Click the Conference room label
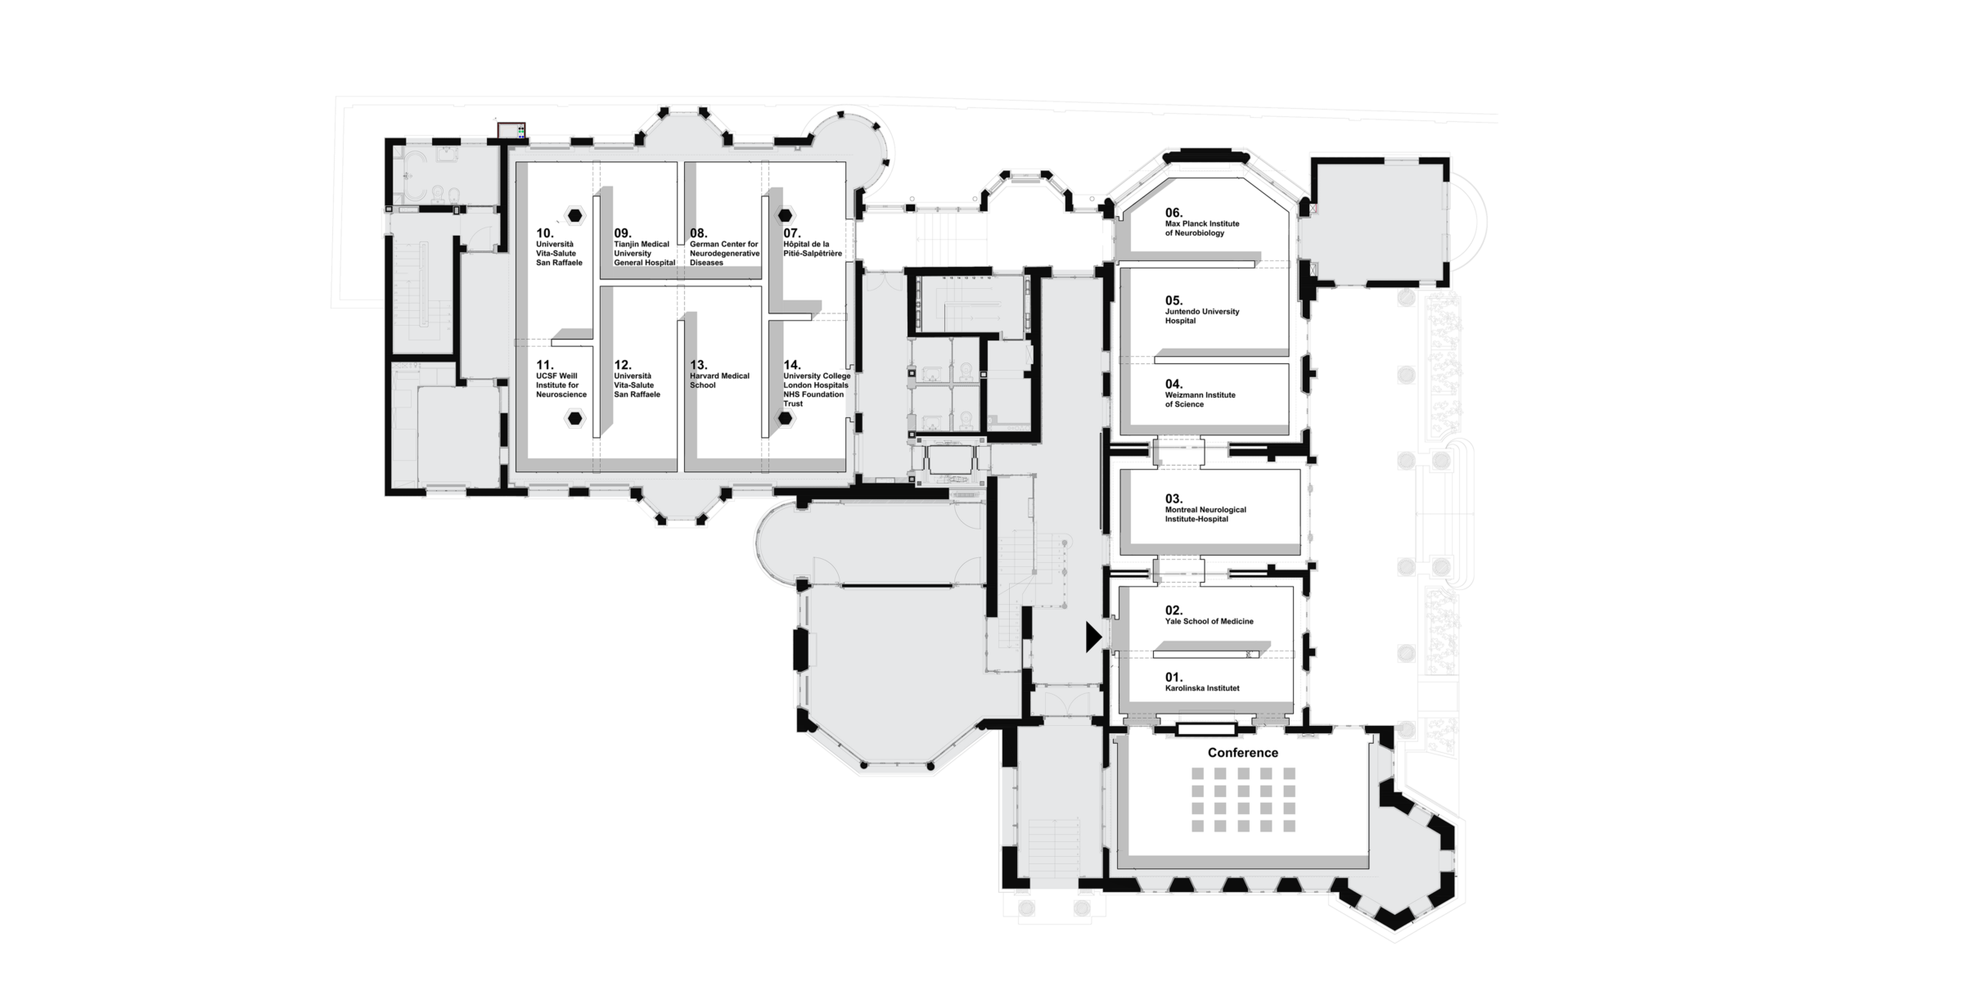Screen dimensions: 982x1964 pyautogui.click(x=1242, y=753)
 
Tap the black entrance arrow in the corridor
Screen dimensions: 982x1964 pyautogui.click(x=1093, y=637)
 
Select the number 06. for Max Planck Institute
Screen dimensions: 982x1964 pyautogui.click(x=1173, y=213)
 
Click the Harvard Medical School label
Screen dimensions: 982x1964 pyautogui.click(x=719, y=381)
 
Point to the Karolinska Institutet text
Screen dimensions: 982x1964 pyautogui.click(x=1201, y=688)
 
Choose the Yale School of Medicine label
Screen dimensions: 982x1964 pyautogui.click(x=1209, y=621)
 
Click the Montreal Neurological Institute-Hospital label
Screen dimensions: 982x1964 pyautogui.click(x=1205, y=514)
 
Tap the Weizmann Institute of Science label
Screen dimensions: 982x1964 pyautogui.click(x=1200, y=399)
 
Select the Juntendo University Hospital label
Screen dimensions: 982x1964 pyautogui.click(x=1201, y=316)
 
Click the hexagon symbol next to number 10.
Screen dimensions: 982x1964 pyautogui.click(x=575, y=216)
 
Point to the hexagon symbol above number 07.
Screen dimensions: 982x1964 pyautogui.click(x=785, y=215)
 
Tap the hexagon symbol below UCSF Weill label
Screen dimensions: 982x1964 pyautogui.click(x=575, y=419)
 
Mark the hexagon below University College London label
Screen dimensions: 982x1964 pyautogui.click(x=785, y=419)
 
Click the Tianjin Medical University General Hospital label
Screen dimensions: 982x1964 pyautogui.click(x=644, y=254)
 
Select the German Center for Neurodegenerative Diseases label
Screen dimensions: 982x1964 pyautogui.click(x=724, y=254)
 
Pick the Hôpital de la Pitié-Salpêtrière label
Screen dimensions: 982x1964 pyautogui.click(x=812, y=249)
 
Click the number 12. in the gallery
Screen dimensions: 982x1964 pyautogui.click(x=622, y=365)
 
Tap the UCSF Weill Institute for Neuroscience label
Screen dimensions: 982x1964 pyautogui.click(x=561, y=385)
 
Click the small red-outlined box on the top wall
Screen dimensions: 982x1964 pyautogui.click(x=511, y=130)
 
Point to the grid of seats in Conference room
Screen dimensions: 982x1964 pyautogui.click(x=1243, y=800)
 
